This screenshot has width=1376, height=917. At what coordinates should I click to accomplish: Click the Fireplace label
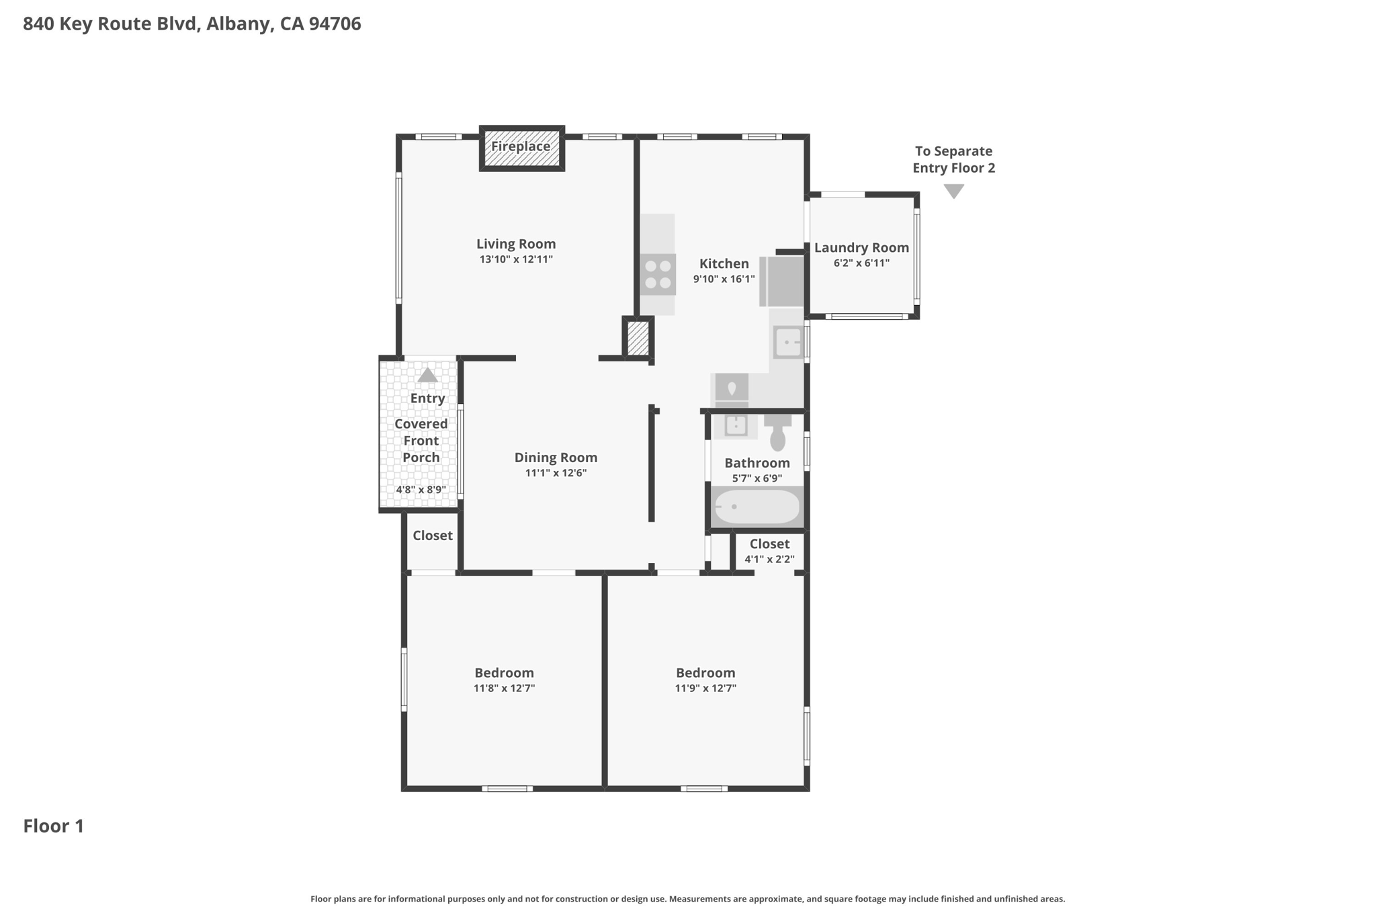[x=521, y=146]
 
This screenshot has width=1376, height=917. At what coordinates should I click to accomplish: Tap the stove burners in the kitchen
[x=658, y=274]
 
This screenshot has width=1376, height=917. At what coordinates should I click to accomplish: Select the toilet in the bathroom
[x=777, y=434]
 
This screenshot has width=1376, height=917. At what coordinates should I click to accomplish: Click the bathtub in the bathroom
[x=757, y=507]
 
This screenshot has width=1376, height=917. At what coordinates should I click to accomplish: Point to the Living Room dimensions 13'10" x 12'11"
[x=516, y=259]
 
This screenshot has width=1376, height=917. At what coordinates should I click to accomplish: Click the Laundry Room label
[x=861, y=247]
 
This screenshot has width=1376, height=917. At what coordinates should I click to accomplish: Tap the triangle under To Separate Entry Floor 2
[x=953, y=191]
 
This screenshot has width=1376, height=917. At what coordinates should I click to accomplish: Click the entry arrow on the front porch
[x=428, y=375]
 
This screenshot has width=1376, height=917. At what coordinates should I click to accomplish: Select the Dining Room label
[x=556, y=457]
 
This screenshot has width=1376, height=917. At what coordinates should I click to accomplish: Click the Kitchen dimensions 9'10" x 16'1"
[x=724, y=279]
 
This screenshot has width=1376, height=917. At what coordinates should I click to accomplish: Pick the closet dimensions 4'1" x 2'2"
[x=769, y=559]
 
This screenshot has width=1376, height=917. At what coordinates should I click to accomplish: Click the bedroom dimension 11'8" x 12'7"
[x=504, y=688]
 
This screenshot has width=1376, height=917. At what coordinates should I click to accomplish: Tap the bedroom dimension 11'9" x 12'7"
[x=705, y=688]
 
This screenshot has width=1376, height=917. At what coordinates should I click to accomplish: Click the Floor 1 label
[x=54, y=826]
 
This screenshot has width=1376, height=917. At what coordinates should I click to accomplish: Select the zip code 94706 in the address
[x=335, y=24]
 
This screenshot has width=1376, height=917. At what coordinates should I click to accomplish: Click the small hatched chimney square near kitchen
[x=638, y=339]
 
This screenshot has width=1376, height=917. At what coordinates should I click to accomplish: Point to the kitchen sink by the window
[x=787, y=343]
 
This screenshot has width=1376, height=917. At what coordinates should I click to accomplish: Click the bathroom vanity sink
[x=736, y=425]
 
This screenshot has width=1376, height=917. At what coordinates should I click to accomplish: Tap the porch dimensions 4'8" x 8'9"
[x=421, y=490]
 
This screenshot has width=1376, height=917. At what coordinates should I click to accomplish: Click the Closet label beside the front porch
[x=432, y=535]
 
